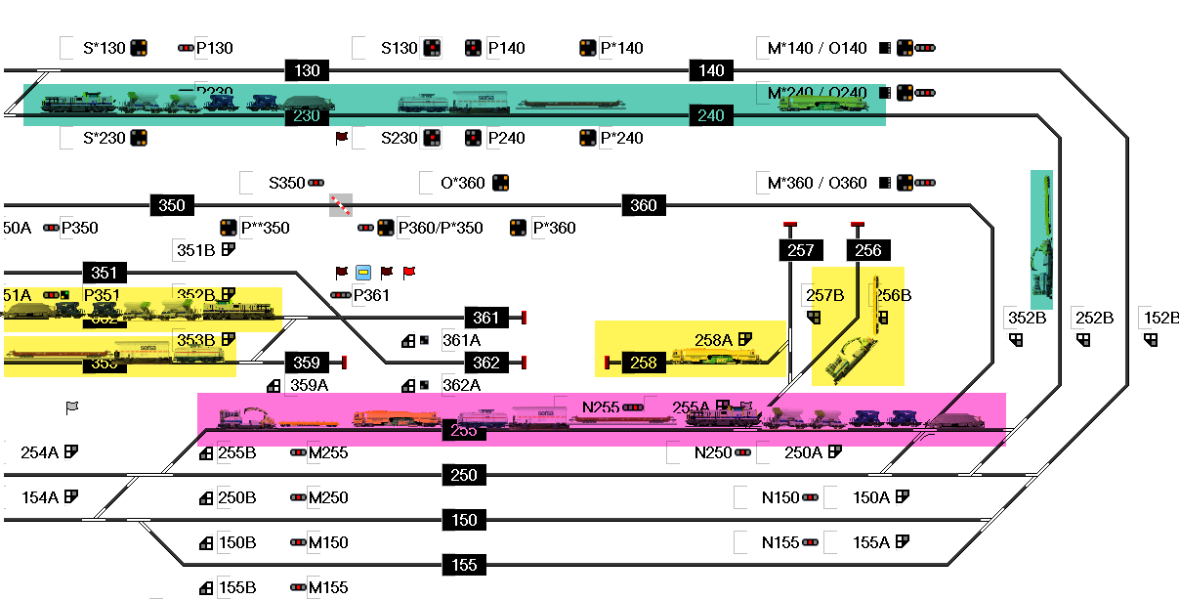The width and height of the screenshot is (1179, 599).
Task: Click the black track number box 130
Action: (308, 70)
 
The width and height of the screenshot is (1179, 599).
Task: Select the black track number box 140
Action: (712, 70)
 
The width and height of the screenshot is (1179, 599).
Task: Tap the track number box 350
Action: (172, 205)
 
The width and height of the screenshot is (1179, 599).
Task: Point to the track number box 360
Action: (644, 205)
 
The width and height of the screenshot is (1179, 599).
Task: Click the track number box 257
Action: (800, 250)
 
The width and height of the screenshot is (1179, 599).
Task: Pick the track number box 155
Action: (465, 565)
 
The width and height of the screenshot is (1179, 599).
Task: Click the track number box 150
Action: (465, 520)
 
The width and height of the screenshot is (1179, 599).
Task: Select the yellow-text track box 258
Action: (644, 363)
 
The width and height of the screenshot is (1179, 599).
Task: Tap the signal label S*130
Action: (104, 48)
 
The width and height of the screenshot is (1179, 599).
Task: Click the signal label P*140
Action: (621, 48)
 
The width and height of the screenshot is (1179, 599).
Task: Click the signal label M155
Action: (328, 587)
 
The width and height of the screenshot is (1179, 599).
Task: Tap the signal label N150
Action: (780, 497)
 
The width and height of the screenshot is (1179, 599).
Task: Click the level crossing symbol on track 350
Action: (340, 204)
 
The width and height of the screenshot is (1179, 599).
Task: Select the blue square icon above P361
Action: (363, 272)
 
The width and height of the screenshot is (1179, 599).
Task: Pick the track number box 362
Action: (486, 363)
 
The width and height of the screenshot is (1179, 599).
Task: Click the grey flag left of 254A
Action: (72, 406)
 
